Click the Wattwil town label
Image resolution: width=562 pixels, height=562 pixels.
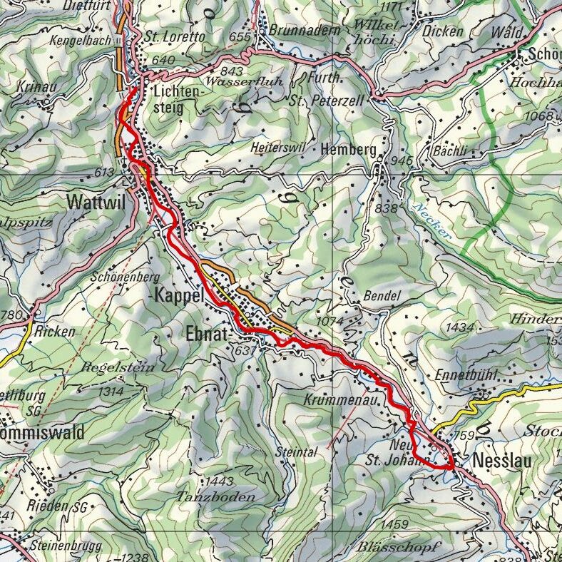coord(95,202)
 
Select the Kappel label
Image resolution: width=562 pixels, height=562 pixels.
coord(179,296)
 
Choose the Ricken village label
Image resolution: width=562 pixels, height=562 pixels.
coord(54,332)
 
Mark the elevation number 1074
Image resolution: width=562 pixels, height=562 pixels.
coord(330,321)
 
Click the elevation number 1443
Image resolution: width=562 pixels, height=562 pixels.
coord(220,481)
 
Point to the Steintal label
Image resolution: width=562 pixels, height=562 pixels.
coord(294,451)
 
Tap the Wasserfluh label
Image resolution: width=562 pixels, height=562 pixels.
coord(244,81)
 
